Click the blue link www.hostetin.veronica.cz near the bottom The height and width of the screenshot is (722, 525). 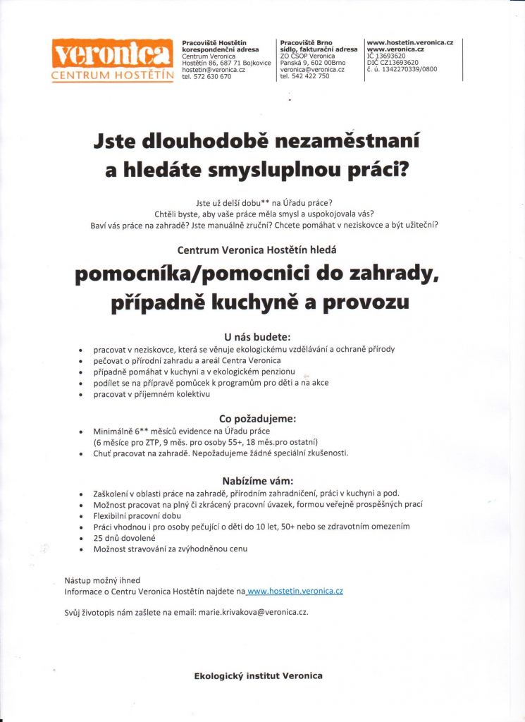pyautogui.click(x=296, y=591)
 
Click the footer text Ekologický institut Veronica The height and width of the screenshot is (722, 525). pyautogui.click(x=258, y=676)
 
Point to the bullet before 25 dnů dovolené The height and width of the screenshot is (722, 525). pyautogui.click(x=82, y=538)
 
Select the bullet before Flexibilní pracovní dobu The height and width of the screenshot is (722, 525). pyautogui.click(x=82, y=516)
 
